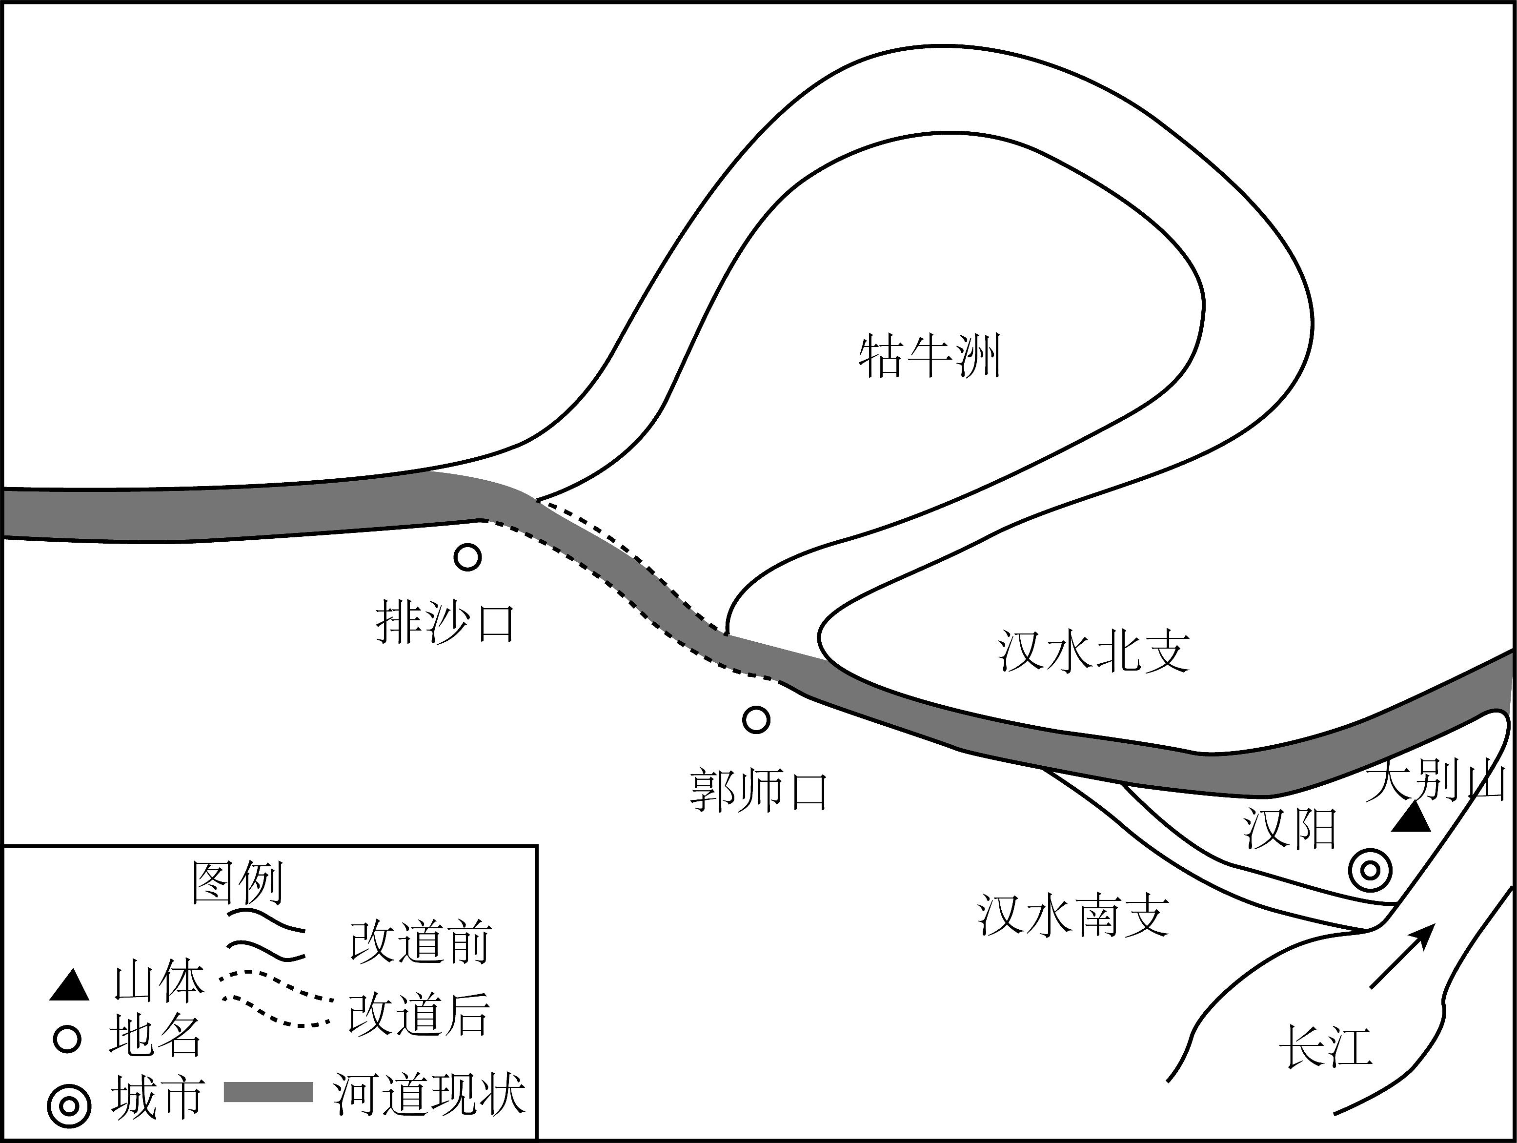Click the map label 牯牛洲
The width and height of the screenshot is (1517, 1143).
929,356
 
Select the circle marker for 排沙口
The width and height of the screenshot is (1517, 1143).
468,557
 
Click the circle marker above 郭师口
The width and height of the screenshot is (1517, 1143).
756,720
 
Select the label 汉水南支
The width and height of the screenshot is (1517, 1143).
1073,916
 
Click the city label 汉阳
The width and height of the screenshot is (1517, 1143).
1291,829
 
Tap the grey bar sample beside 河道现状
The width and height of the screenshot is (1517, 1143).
269,1092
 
